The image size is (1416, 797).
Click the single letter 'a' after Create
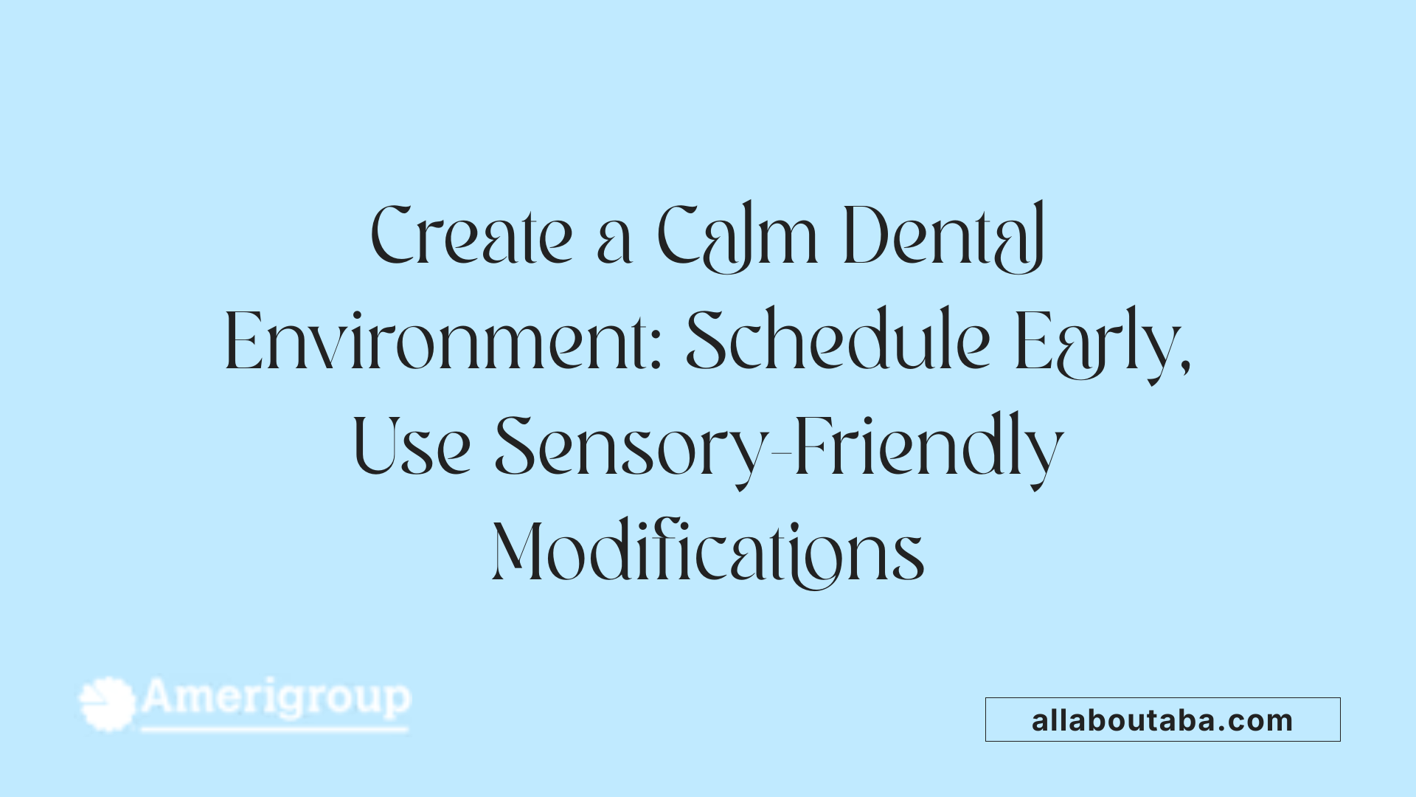614,244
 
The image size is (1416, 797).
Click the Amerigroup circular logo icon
108,703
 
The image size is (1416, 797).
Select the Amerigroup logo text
277,697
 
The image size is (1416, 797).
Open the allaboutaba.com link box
1162,720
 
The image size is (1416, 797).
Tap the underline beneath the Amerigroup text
274,730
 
